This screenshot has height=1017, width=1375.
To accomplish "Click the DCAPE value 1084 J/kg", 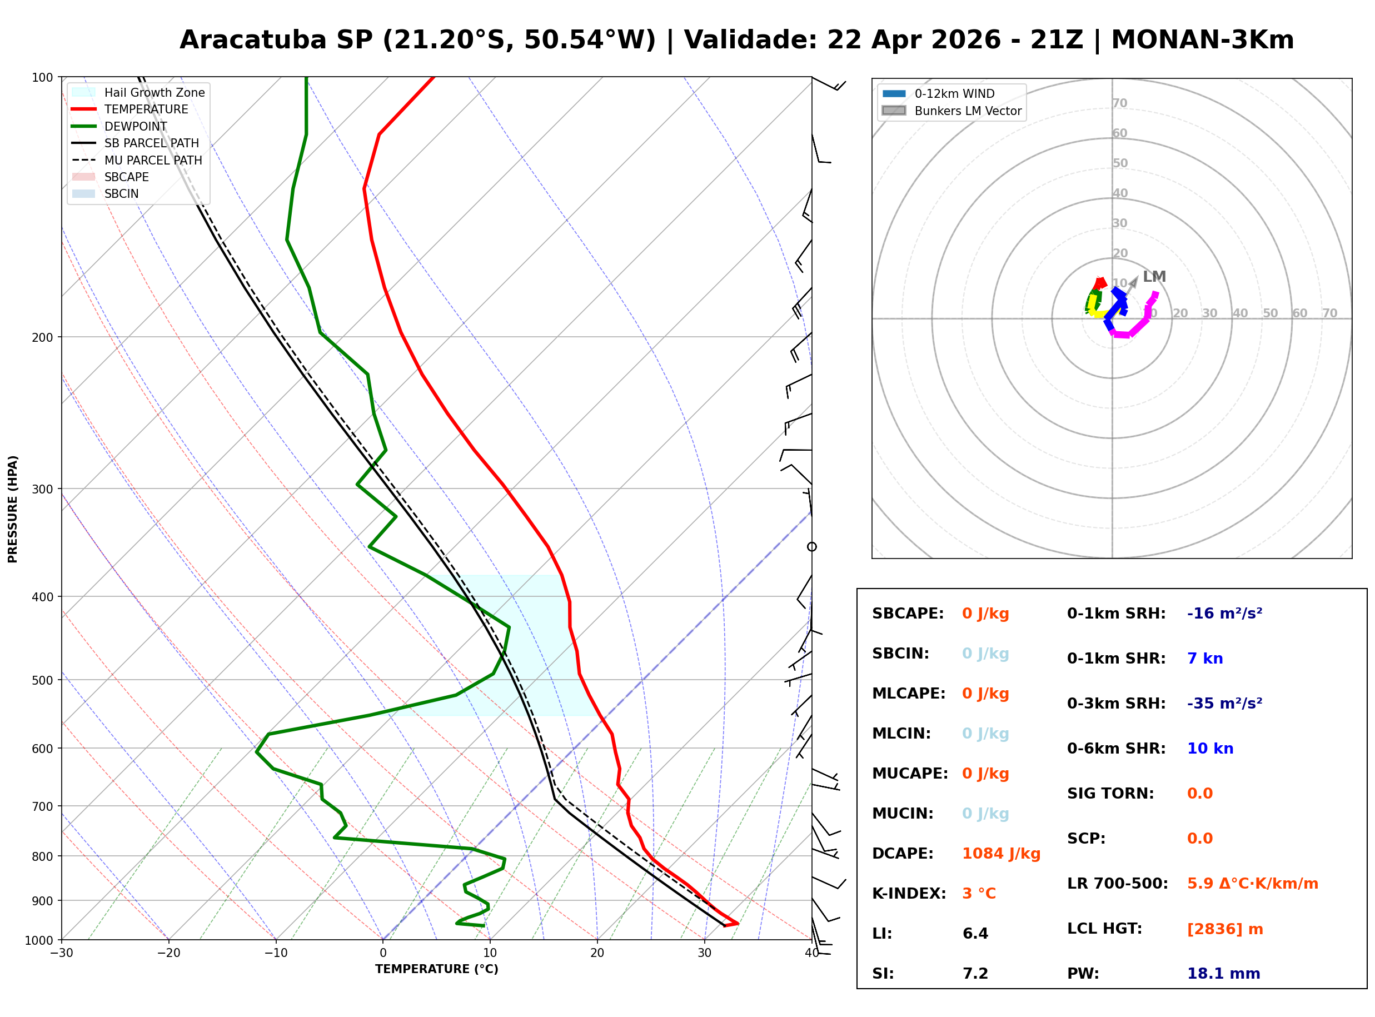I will coord(1001,854).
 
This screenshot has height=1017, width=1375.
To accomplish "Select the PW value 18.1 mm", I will coord(1223,974).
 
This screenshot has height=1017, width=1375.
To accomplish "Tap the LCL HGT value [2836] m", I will coord(1225,929).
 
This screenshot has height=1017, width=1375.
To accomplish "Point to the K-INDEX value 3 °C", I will coord(979,894).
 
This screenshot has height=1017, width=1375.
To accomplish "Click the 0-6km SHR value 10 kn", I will coord(1210,749).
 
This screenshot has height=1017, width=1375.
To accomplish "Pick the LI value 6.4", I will coord(975,934).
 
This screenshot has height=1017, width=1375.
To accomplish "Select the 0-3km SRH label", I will coord(1116,704).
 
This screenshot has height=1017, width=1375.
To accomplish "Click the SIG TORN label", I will coord(1110,794).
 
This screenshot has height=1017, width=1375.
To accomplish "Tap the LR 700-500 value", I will coord(1253,884).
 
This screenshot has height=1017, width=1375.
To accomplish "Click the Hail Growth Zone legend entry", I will coord(154,92).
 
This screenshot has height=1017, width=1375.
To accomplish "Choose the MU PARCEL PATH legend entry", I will coord(153,160).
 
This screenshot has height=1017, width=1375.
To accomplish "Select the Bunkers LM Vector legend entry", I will coord(968,111).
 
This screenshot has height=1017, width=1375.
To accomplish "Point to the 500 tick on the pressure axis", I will coord(42,680).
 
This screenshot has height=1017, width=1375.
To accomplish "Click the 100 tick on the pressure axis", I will coord(42,78).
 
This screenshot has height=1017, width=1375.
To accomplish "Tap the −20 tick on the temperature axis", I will coord(168,954).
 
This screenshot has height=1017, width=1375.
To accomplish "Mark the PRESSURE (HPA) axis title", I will coord(13,509).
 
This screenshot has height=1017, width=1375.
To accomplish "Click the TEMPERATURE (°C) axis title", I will coord(436,970).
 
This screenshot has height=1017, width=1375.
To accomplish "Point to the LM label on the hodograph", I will coord(1154,277).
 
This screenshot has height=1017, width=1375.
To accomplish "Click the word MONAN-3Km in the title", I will coord(1202,40).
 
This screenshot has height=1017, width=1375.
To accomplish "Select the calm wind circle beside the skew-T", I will coord(812,547).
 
